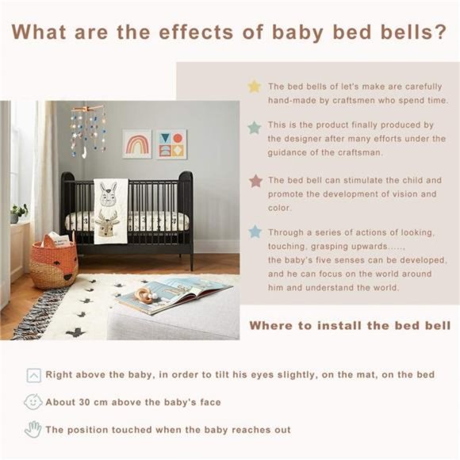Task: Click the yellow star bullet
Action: coord(254,86)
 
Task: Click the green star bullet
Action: coord(254,127)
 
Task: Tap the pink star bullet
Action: coord(255,181)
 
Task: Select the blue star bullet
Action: coord(255,232)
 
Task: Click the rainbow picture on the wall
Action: coord(137,144)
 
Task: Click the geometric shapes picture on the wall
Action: coord(172,144)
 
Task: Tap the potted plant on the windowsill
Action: coord(17,213)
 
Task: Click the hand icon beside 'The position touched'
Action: coord(33,430)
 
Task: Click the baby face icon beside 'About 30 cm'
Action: coord(33,402)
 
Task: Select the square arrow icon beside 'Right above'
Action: coord(33,375)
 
